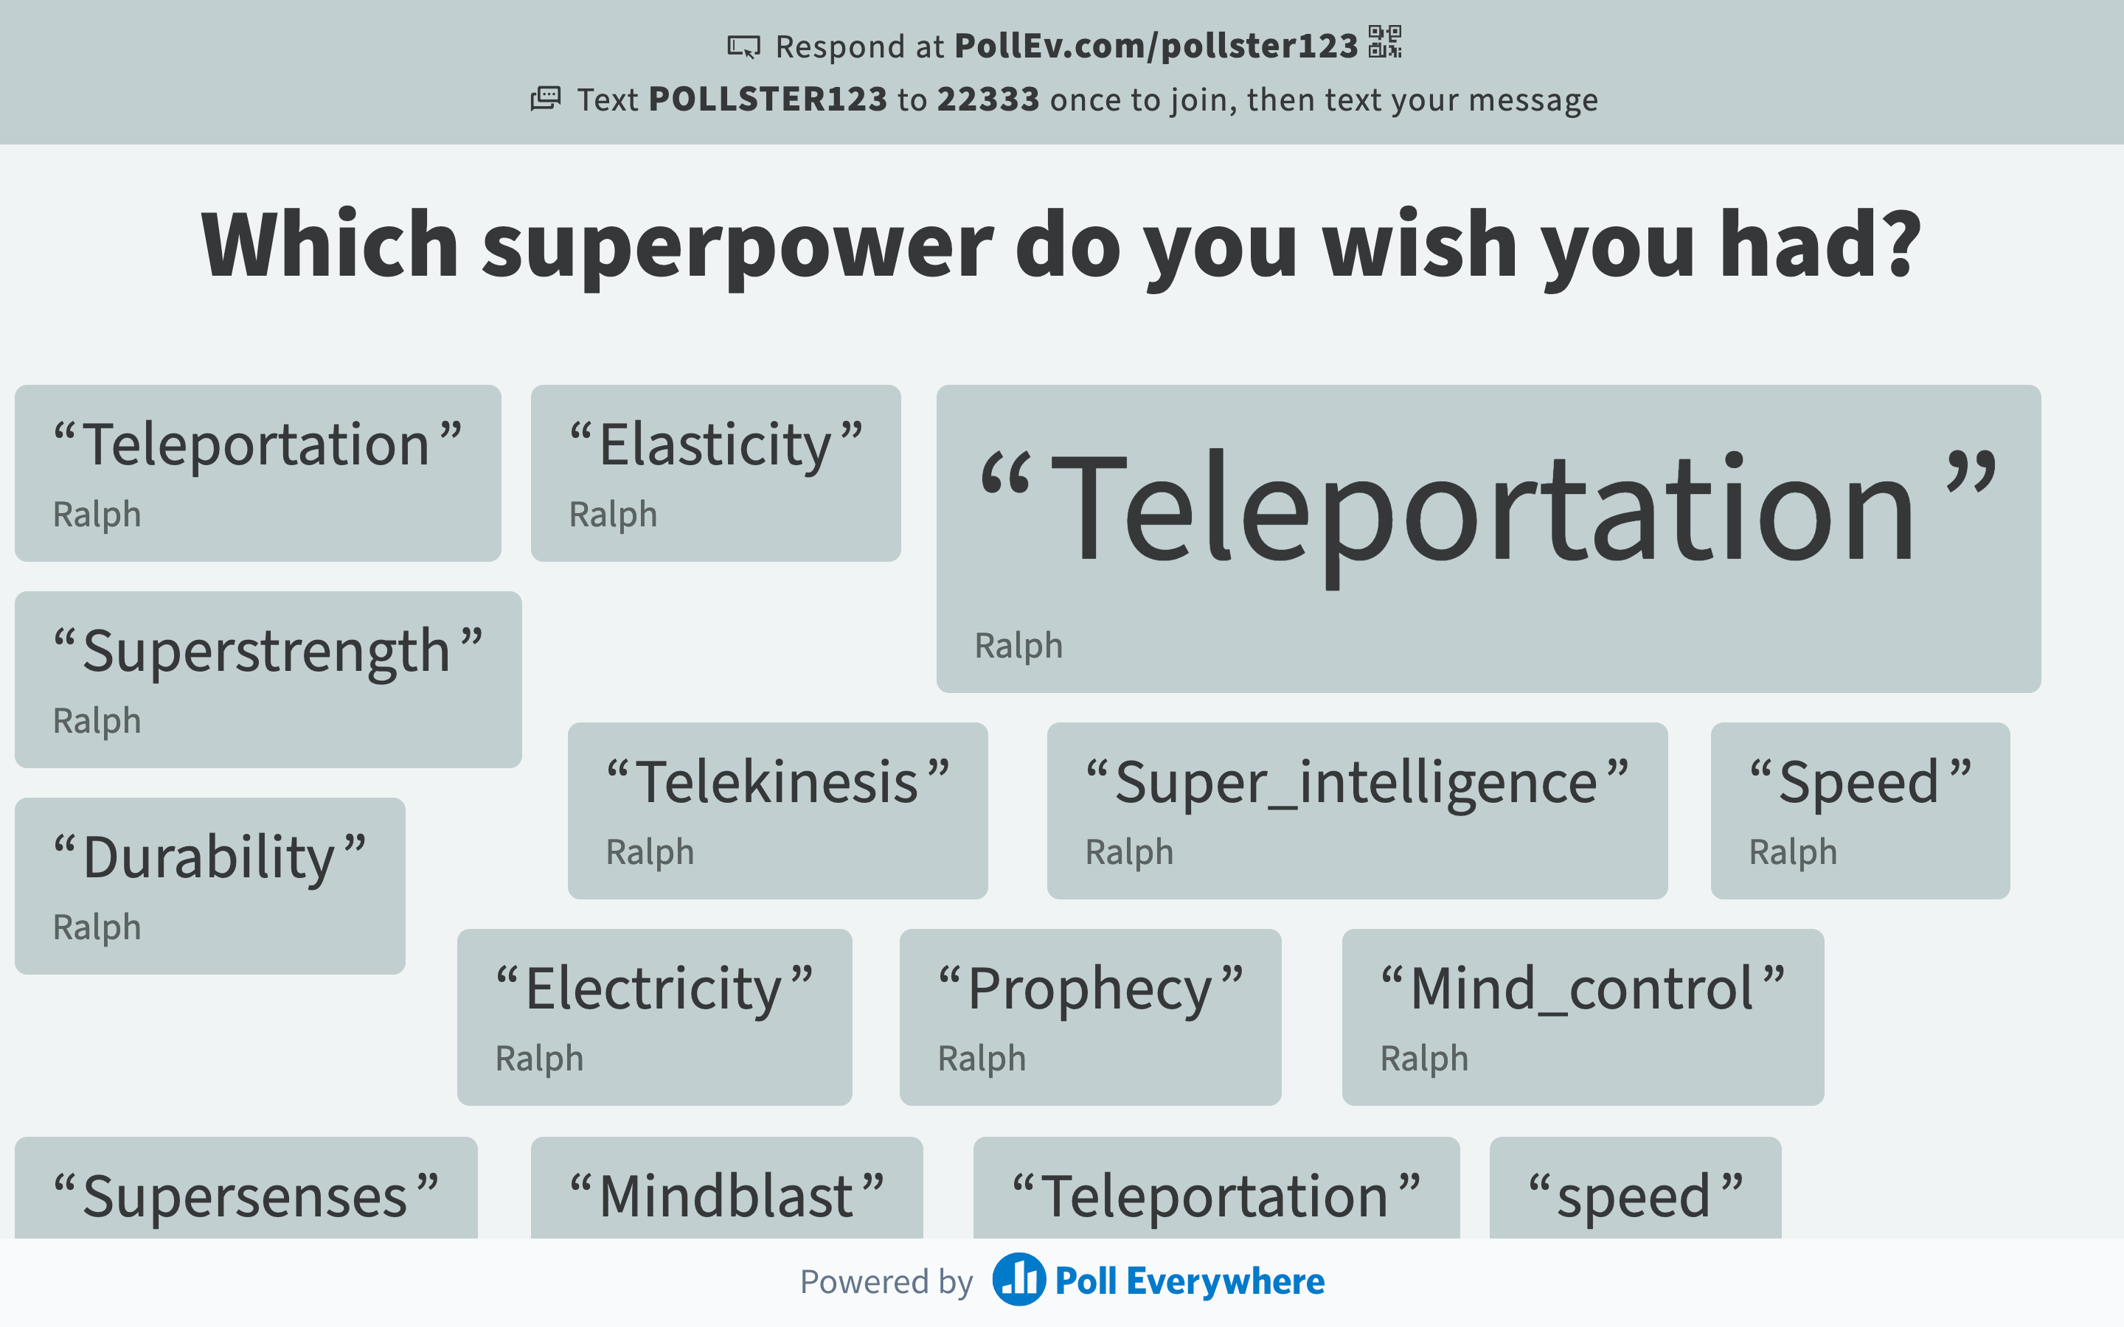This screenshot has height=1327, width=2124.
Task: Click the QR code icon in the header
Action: point(1385,42)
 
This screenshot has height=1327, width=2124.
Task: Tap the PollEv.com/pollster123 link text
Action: point(1156,46)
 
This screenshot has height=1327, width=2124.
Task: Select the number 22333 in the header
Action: point(988,100)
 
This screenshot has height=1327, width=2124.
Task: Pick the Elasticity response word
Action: point(715,445)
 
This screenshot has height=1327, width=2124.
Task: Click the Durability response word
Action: point(209,858)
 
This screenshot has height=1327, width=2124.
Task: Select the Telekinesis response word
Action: point(777,782)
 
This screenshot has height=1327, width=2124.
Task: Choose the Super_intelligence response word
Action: point(1356,784)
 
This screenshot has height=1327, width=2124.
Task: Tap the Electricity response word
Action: point(653,990)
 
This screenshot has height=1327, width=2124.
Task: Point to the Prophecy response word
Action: point(1089,990)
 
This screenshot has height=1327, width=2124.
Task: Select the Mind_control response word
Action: point(1582,990)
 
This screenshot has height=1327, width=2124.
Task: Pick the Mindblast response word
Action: point(726,1197)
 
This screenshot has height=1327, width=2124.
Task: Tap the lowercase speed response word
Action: point(1634,1198)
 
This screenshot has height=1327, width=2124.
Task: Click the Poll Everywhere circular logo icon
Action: point(1019,1280)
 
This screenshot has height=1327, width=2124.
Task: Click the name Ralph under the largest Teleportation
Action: point(1018,646)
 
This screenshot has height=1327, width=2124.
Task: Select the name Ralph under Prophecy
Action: point(982,1059)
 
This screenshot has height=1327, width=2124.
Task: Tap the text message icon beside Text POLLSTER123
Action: point(545,98)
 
